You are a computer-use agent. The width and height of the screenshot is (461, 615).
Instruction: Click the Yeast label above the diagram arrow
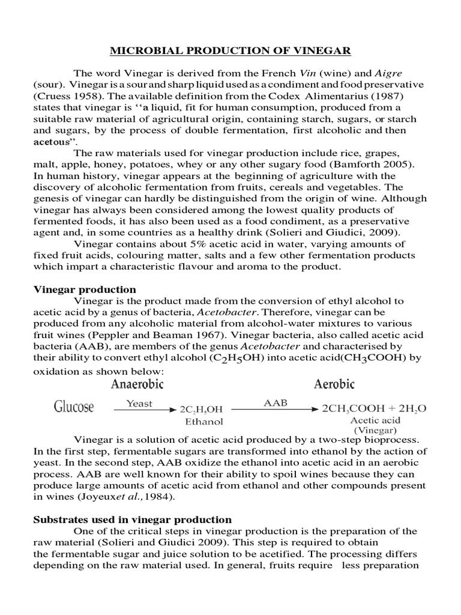[139, 404]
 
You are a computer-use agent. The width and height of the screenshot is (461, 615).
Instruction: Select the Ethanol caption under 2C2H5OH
[199, 422]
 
